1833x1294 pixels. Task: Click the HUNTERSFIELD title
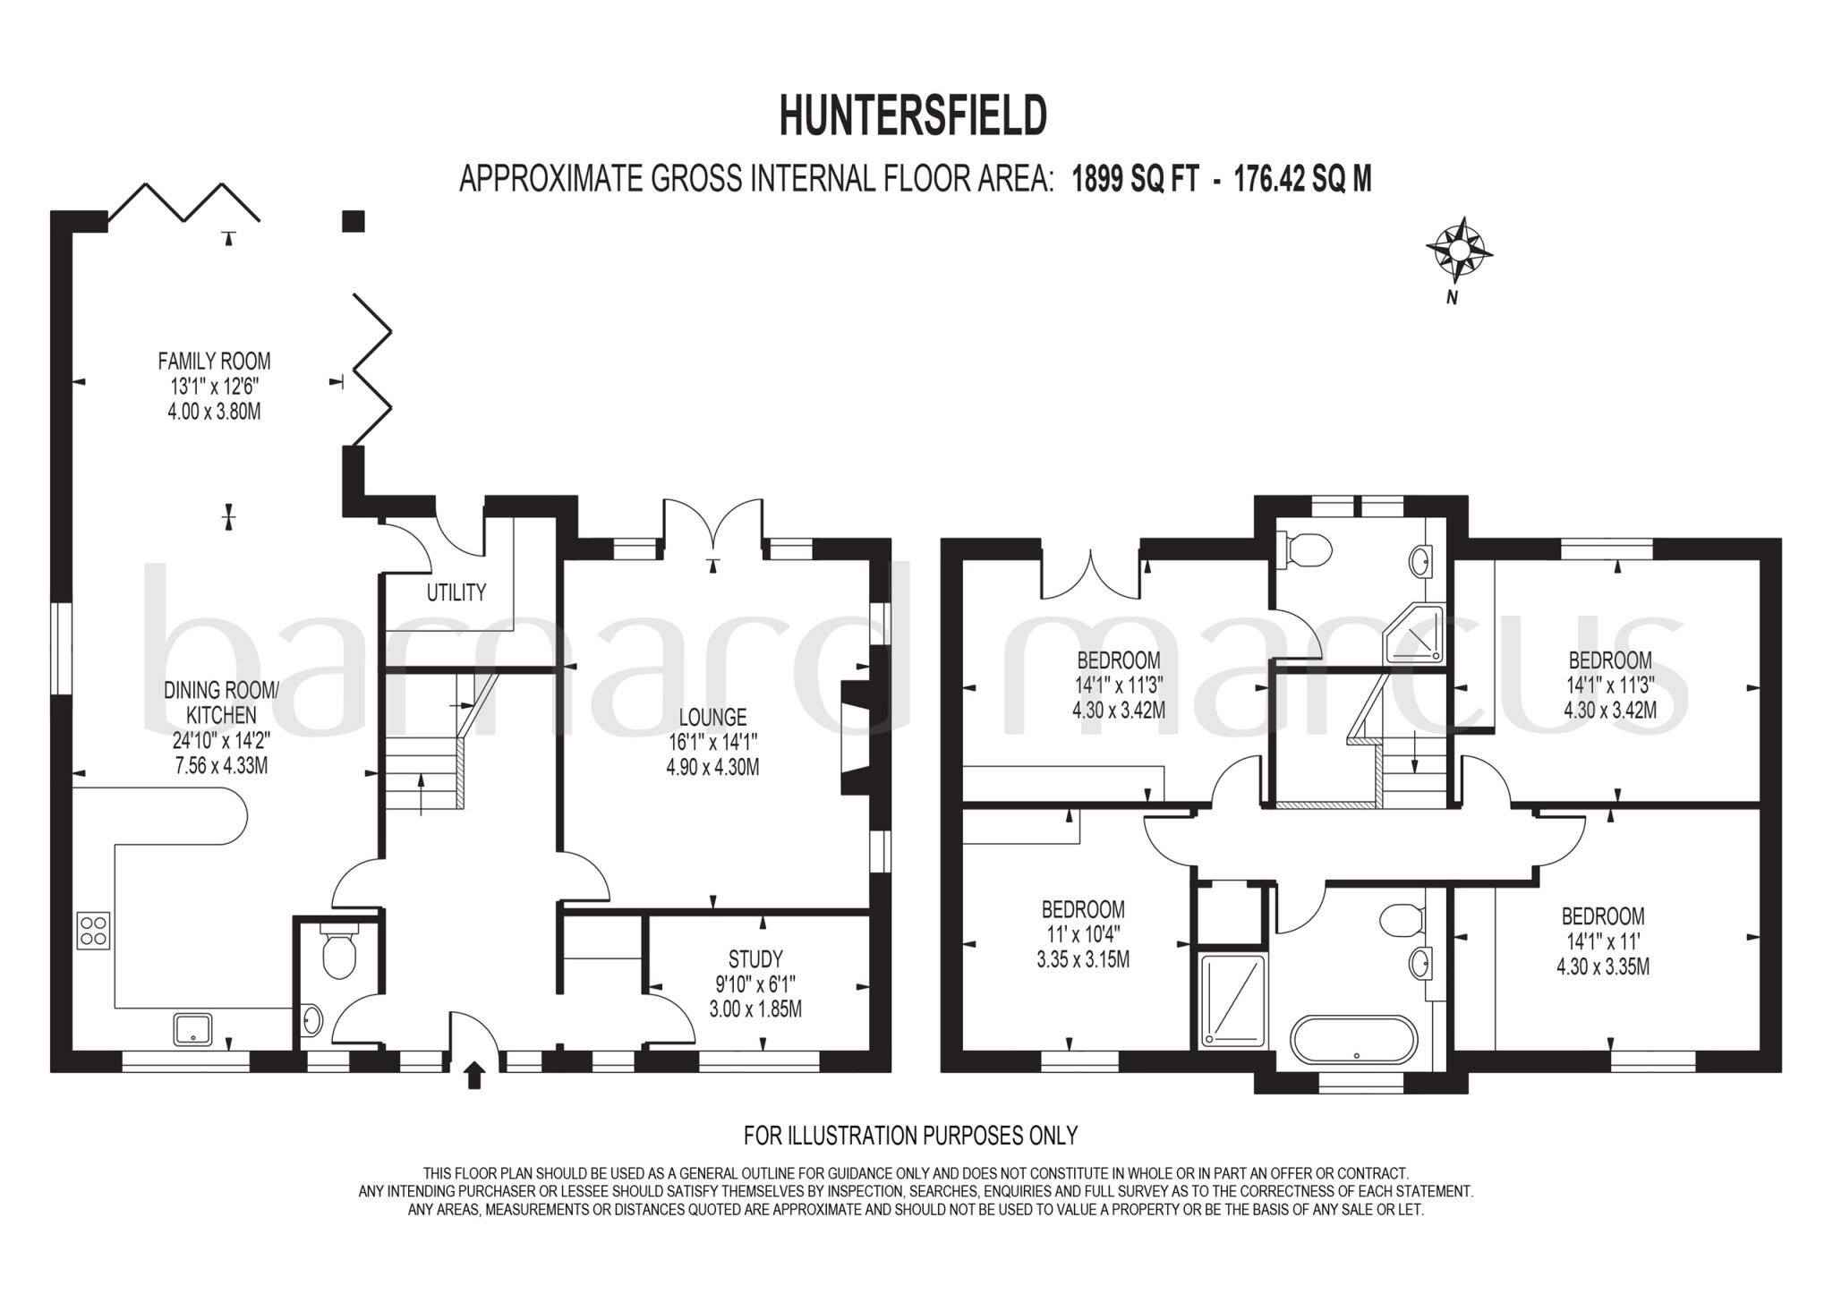click(913, 116)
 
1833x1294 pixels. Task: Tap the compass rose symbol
click(1459, 246)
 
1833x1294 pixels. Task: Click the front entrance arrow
click(474, 1075)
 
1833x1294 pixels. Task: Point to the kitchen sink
click(192, 1028)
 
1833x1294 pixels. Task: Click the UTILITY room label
click(456, 592)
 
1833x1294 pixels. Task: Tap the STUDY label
click(755, 960)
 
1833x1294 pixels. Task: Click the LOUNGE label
click(712, 717)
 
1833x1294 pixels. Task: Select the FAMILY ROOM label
click(214, 362)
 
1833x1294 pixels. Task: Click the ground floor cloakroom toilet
click(339, 953)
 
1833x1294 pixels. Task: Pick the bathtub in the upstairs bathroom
click(1354, 1040)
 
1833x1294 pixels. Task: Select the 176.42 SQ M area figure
click(1302, 180)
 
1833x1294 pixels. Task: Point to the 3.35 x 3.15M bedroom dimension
click(1083, 960)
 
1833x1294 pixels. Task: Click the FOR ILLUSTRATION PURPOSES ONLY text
click(910, 1136)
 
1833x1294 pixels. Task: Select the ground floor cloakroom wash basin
click(311, 1018)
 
